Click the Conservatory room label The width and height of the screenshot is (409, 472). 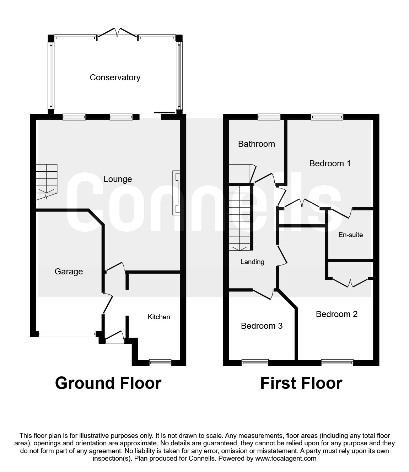[115, 77]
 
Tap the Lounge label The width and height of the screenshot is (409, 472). [118, 179]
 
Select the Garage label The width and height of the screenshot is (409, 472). [69, 272]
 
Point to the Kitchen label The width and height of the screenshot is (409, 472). [159, 317]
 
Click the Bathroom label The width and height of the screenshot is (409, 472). [257, 144]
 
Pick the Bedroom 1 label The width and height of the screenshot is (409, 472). [330, 163]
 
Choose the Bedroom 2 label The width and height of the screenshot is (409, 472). [337, 314]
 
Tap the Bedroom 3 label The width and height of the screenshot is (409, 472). [262, 326]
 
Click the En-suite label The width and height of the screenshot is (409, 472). [350, 235]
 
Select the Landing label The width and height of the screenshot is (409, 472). [252, 262]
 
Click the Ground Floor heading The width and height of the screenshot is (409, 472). [108, 383]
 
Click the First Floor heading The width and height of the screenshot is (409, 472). [301, 383]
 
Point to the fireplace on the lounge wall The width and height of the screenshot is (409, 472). [176, 193]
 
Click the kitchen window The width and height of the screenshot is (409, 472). [160, 363]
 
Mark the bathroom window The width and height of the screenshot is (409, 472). [269, 117]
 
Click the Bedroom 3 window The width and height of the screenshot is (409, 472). [255, 363]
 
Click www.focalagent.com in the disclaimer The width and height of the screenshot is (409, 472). [286, 458]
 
